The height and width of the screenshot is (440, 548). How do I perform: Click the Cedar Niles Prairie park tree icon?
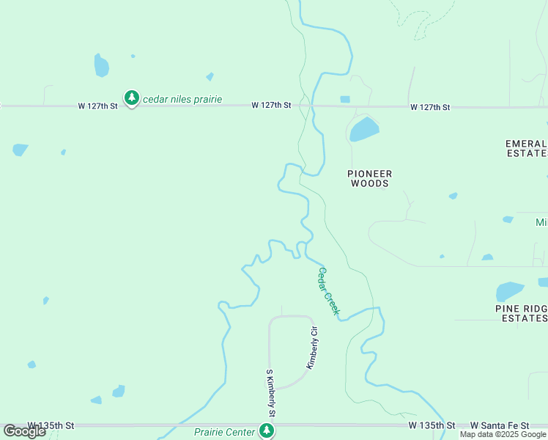coord(132,98)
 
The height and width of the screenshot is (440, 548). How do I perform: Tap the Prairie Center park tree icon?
coord(266,431)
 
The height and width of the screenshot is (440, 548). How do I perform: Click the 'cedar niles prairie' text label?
coord(182,99)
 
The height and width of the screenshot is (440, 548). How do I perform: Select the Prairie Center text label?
coord(224,432)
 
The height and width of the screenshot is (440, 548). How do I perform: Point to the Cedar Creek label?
coord(328,291)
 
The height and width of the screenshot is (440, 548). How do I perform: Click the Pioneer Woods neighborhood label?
coord(370,178)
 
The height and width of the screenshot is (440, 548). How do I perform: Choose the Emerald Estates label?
coord(527,148)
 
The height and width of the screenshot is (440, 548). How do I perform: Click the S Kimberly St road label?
coord(270,393)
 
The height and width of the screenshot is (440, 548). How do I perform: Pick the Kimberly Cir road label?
coord(314,347)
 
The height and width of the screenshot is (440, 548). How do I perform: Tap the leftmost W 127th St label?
coord(98,106)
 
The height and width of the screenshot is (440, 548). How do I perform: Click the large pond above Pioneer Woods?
coord(364,130)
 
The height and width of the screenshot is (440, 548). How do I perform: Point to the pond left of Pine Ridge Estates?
coord(509,291)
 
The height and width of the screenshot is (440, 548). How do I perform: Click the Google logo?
coord(25,431)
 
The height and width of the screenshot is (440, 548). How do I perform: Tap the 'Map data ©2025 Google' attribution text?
coord(503,435)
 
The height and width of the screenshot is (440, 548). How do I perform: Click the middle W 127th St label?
coord(271,106)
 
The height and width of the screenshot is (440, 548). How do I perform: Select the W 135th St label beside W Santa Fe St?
coord(432,425)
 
